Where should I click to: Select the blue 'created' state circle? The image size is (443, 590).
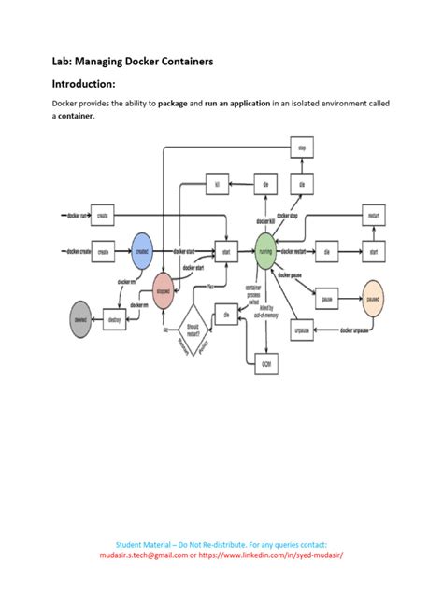point(142,251)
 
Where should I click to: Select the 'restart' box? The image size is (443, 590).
point(373,214)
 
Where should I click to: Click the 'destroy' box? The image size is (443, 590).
point(115,319)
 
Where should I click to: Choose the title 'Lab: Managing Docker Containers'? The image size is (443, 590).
point(133,61)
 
